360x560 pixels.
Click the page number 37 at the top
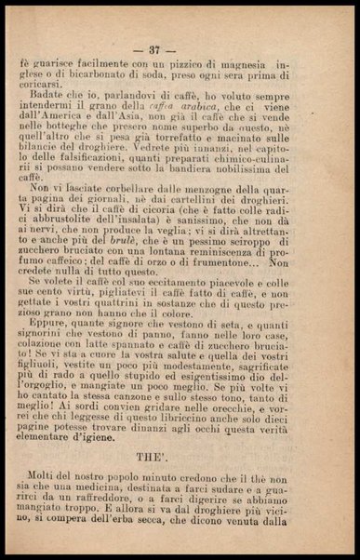coord(180,48)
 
